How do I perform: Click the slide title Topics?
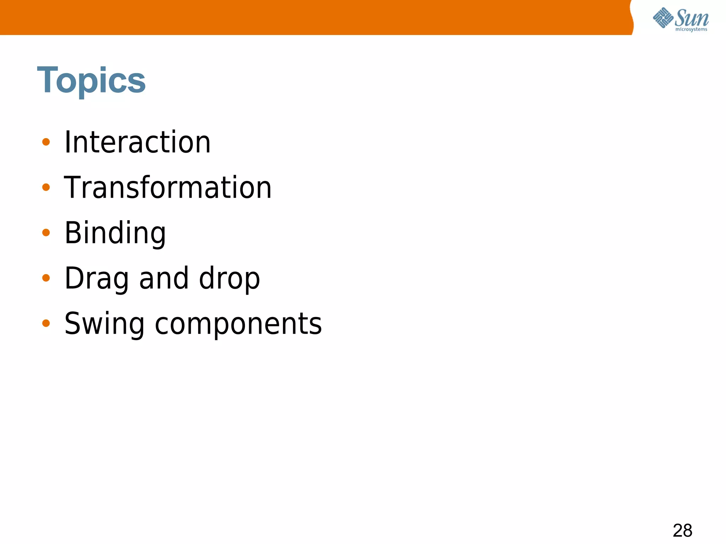(x=91, y=80)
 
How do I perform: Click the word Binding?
(x=115, y=233)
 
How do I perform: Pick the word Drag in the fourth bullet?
(x=96, y=278)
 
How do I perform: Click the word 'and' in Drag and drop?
(x=164, y=278)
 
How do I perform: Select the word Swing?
(x=104, y=324)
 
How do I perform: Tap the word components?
(x=238, y=324)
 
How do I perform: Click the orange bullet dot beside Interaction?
(x=46, y=142)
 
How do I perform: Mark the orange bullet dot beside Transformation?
(x=46, y=187)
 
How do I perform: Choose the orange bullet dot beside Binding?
(x=46, y=232)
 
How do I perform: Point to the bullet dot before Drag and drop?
(x=46, y=278)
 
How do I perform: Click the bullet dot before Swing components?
(x=46, y=323)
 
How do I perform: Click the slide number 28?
(x=682, y=531)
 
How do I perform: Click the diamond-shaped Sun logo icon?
(x=663, y=18)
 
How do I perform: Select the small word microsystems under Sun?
(x=691, y=29)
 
